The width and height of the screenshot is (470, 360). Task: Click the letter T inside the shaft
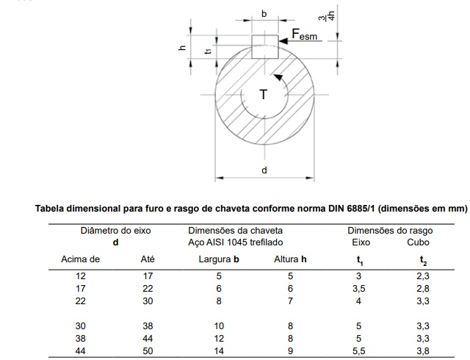tap(263, 95)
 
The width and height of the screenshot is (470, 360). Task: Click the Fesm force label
tap(305, 35)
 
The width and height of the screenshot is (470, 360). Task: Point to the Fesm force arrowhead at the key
tap(283, 40)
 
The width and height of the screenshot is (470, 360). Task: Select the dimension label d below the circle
tap(264, 170)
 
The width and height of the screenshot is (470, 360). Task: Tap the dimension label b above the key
tap(264, 14)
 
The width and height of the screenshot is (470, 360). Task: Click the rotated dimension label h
tap(182, 48)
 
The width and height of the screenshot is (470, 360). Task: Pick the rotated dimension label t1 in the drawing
tap(208, 51)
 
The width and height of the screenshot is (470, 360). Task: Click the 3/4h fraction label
tap(327, 15)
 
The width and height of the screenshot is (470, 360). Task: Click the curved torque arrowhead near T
tap(278, 77)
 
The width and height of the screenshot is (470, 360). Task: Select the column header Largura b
tap(219, 259)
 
